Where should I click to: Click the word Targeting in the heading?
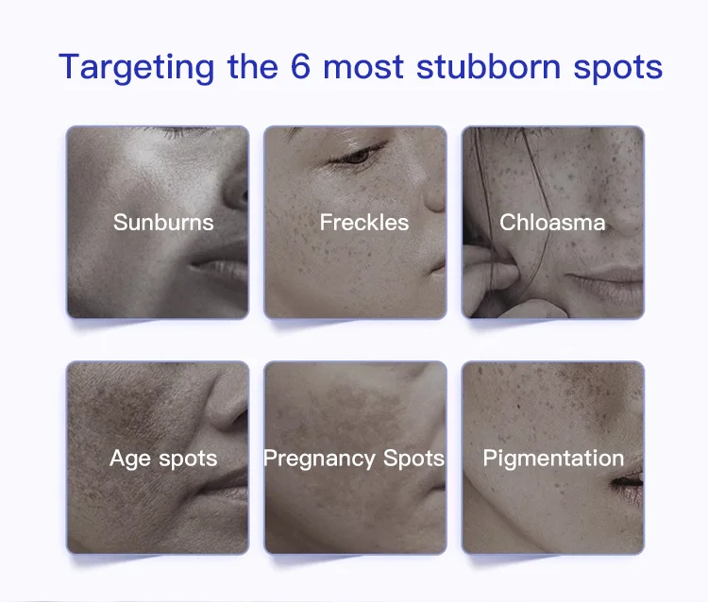(136, 68)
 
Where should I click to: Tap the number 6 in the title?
(300, 66)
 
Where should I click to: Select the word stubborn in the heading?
(489, 66)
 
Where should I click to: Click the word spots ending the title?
(618, 69)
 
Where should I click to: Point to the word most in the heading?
(363, 67)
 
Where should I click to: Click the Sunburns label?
(163, 222)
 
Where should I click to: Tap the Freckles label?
(364, 222)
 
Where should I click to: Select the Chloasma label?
(552, 222)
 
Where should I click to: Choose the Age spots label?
(163, 459)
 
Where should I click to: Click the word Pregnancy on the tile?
(320, 459)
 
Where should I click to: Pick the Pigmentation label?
(553, 459)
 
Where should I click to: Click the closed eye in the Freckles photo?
(357, 156)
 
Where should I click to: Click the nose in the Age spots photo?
(228, 404)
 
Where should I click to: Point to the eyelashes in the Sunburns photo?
(177, 132)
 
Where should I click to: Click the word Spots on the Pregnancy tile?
(413, 459)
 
